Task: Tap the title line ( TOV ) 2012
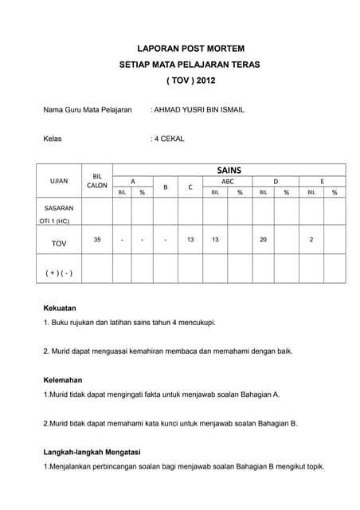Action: click(x=190, y=80)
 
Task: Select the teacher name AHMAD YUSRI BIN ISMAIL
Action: click(x=199, y=109)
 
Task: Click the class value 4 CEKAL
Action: click(x=169, y=138)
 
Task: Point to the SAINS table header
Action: click(x=229, y=170)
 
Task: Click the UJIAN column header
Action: click(x=59, y=181)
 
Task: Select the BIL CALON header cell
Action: click(x=97, y=180)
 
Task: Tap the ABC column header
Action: click(x=228, y=181)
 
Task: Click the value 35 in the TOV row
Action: click(x=97, y=239)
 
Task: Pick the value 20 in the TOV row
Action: click(x=263, y=239)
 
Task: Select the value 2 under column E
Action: click(x=311, y=239)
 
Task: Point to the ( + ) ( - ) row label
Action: click(x=59, y=273)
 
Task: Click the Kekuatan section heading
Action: click(x=60, y=308)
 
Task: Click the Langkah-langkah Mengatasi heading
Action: click(x=92, y=452)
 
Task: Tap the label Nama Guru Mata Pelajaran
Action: click(x=87, y=109)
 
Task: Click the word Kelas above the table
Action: click(x=52, y=138)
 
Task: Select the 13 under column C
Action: click(x=190, y=239)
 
